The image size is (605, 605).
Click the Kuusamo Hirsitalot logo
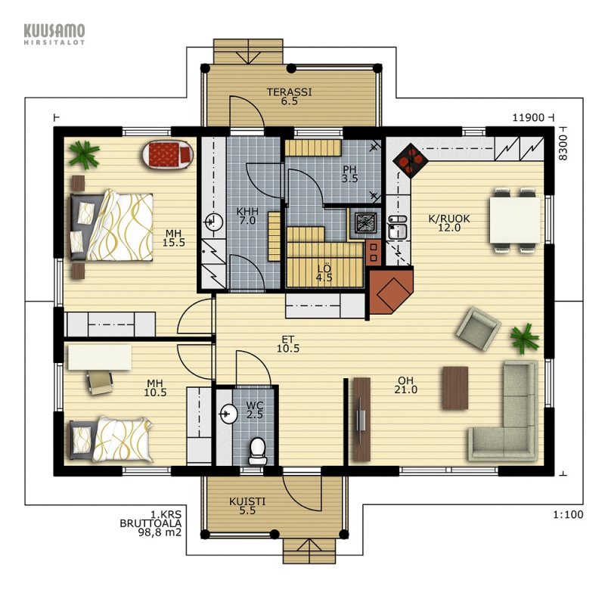pyautogui.click(x=54, y=34)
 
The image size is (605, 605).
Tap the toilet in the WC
pyautogui.click(x=257, y=451)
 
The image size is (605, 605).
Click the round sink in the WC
pyautogui.click(x=228, y=414)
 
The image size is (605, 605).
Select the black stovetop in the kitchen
pyautogui.click(x=411, y=161)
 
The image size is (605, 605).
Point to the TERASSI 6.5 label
pyautogui.click(x=289, y=97)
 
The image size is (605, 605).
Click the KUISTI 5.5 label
pyautogui.click(x=247, y=506)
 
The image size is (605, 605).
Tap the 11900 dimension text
pyautogui.click(x=528, y=117)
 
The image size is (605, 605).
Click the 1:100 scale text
pyautogui.click(x=568, y=514)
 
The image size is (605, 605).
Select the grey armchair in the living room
pyautogui.click(x=479, y=328)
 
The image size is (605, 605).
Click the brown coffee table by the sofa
pyautogui.click(x=455, y=388)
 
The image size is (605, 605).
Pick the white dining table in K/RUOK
pyautogui.click(x=515, y=220)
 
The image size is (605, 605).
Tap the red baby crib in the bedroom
pyautogui.click(x=168, y=155)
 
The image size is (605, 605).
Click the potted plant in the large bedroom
pyautogui.click(x=84, y=154)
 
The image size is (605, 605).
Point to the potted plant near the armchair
pyautogui.click(x=524, y=338)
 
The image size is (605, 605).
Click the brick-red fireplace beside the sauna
pyautogui.click(x=390, y=290)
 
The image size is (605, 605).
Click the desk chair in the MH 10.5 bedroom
pyautogui.click(x=100, y=383)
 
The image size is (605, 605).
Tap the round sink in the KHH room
pyautogui.click(x=213, y=222)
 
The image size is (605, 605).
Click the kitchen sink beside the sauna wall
pyautogui.click(x=397, y=228)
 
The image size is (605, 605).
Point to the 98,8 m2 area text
pyautogui.click(x=160, y=532)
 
